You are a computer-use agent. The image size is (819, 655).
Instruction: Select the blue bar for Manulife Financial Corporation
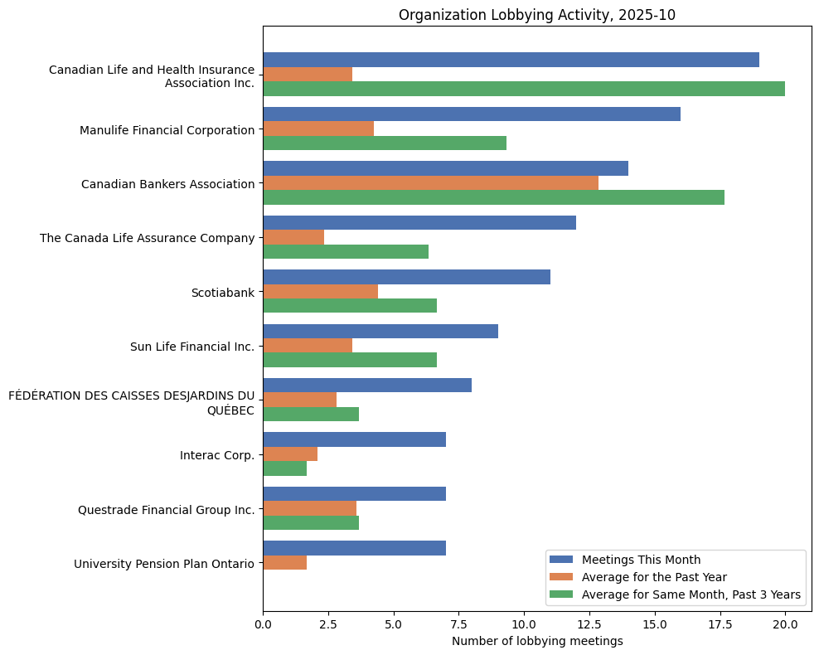coord(471,114)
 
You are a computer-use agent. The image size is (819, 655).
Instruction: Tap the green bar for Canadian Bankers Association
coord(493,197)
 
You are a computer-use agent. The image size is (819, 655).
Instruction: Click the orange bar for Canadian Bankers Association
coord(430,183)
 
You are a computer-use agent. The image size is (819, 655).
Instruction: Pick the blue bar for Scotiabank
coord(406,277)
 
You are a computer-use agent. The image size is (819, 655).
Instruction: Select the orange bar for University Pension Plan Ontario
coord(284,563)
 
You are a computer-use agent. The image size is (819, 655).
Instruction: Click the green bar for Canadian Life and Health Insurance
coord(523,89)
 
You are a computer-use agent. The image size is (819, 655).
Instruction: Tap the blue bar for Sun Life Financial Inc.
coord(380,332)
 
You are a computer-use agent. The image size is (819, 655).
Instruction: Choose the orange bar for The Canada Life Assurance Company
coord(293,237)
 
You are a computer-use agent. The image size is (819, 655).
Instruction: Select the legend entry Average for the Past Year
coord(653,577)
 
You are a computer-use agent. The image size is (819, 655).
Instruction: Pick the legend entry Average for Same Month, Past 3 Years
coord(691,594)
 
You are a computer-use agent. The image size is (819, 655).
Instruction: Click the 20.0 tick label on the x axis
coord(784,624)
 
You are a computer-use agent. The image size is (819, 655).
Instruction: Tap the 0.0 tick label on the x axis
coord(263,624)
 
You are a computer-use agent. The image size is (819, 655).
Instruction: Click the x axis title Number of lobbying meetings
coord(536,641)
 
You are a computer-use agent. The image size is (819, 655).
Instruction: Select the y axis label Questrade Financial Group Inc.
coord(166,510)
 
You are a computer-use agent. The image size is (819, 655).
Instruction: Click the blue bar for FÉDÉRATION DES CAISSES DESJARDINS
coord(366,386)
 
